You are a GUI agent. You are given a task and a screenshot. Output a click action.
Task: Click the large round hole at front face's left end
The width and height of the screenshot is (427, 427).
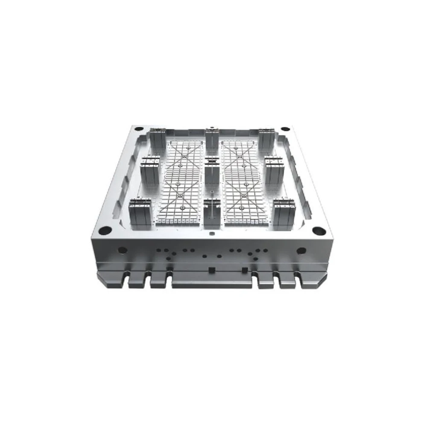[123, 250]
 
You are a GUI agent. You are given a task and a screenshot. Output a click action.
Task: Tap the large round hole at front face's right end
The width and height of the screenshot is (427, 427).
[301, 250]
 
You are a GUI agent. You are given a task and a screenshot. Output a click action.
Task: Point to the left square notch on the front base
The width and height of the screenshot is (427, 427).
[211, 270]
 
